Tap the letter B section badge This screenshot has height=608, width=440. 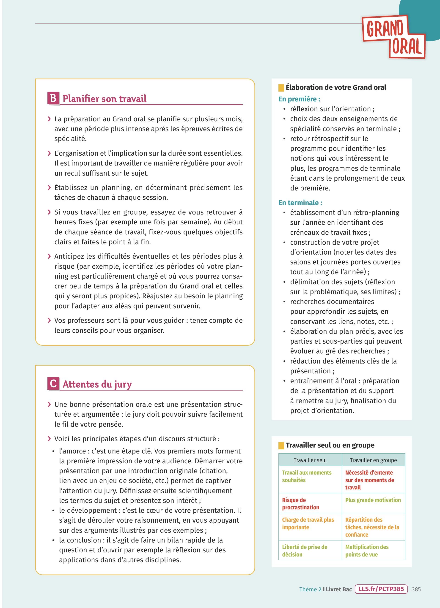[x=53, y=98]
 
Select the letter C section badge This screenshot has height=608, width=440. [x=53, y=384]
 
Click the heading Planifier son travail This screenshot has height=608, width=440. [x=104, y=99]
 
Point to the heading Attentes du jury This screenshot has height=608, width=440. [x=97, y=384]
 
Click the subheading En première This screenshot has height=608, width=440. [x=299, y=99]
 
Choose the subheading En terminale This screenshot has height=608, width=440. [x=300, y=203]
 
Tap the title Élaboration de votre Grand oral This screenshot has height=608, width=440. [x=336, y=87]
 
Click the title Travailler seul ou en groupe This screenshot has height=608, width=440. [x=330, y=445]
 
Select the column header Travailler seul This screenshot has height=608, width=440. [x=310, y=460]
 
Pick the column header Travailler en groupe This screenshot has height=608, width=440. [x=373, y=460]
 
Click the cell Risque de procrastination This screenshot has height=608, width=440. [x=300, y=504]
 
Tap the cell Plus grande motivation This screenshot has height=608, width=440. [x=373, y=500]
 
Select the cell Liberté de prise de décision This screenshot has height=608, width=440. [x=305, y=551]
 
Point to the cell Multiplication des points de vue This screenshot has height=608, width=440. [x=367, y=551]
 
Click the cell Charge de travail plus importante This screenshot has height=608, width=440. [x=308, y=524]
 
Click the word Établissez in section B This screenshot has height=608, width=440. [x=71, y=188]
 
